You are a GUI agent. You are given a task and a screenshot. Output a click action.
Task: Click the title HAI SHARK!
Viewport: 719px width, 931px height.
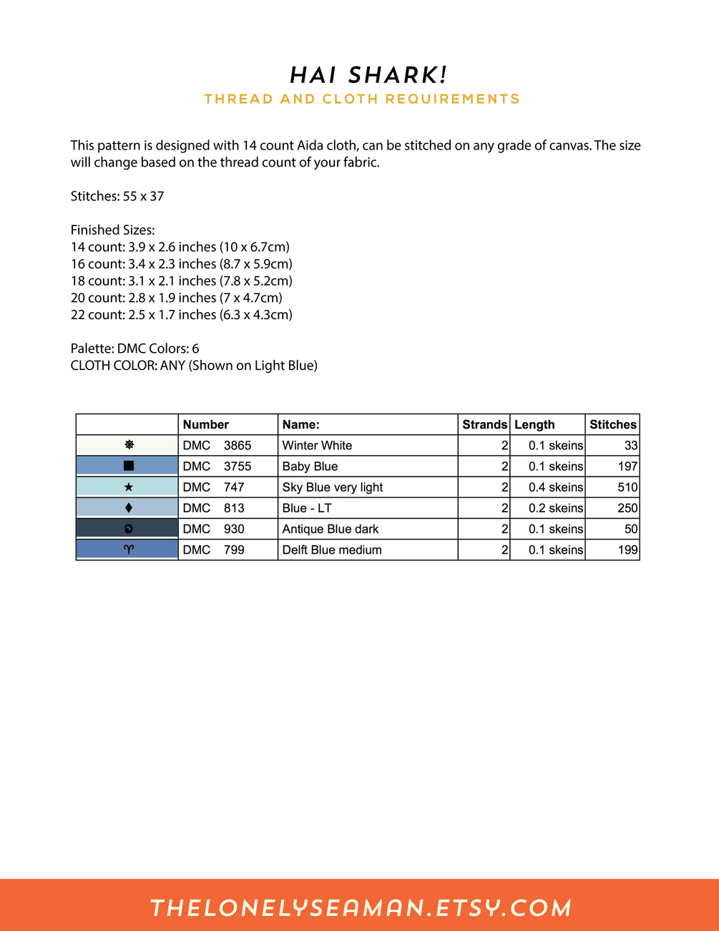point(368,75)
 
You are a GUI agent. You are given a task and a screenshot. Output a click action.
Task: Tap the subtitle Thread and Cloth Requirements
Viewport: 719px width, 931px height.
point(362,99)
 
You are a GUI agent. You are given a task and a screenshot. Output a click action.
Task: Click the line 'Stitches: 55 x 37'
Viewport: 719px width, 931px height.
point(117,196)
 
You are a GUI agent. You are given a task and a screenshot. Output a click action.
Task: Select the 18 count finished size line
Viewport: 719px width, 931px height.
point(182,281)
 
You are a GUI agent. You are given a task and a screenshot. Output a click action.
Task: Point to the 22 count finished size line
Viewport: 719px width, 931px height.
point(182,315)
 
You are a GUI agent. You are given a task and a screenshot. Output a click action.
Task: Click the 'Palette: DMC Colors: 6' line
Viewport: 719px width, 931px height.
point(135,348)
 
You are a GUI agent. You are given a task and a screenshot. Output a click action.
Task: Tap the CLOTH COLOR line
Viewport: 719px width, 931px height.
point(194,366)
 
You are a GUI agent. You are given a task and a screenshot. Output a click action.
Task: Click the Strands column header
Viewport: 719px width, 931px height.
point(484,424)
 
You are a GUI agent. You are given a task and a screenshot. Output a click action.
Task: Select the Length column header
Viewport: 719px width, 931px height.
point(534,424)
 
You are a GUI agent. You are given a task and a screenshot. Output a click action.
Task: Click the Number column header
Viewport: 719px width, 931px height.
point(206,424)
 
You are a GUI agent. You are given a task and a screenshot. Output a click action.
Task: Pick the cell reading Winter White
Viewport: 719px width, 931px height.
point(318,445)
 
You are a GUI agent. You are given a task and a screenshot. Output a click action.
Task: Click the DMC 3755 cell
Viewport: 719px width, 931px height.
point(217,466)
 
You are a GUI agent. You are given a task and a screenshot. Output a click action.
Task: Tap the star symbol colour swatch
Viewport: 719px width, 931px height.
point(127,487)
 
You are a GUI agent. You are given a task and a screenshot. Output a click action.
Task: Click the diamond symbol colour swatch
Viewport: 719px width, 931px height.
point(127,508)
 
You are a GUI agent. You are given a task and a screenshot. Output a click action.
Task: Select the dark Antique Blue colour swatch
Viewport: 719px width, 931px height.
point(127,529)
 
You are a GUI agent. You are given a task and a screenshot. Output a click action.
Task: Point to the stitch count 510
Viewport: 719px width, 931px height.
point(627,487)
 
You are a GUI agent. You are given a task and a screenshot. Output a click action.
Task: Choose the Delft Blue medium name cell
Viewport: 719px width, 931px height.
point(332,550)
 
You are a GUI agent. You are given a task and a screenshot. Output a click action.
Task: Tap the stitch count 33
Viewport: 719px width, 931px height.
point(630,445)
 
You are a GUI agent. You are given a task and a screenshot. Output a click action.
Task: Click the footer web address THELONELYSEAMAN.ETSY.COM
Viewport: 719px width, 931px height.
point(361,907)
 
